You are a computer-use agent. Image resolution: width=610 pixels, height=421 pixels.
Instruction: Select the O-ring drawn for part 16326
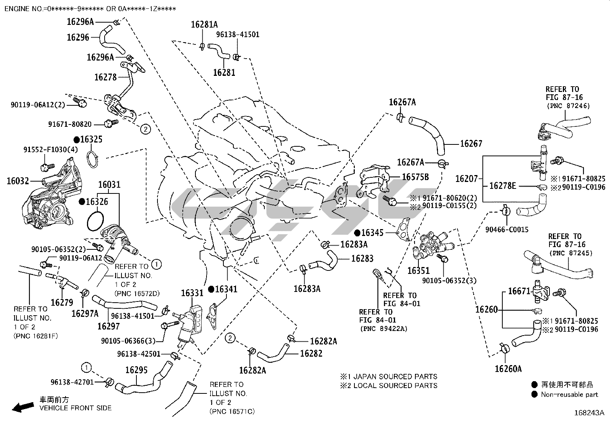[94, 222]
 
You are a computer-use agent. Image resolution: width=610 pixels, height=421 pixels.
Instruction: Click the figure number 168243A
[589, 413]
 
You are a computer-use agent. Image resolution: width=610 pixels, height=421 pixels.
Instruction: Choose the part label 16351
[418, 271]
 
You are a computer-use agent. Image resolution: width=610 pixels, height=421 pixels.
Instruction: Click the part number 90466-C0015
[507, 229]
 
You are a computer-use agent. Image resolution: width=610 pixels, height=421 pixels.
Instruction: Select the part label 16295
[136, 370]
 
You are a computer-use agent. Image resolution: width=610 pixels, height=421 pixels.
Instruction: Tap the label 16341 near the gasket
[226, 289]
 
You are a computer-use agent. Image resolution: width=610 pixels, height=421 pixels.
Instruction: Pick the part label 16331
[192, 293]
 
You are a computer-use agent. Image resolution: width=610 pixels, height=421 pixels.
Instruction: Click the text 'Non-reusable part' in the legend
[569, 394]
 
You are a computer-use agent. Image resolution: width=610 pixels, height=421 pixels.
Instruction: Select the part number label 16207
[466, 178]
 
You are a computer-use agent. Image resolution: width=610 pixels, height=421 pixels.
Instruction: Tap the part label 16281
[224, 72]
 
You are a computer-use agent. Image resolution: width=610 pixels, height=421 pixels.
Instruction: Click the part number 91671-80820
[70, 124]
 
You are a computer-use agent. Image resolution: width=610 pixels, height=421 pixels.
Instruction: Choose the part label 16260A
[508, 369]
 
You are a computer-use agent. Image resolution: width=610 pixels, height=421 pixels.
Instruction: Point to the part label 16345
[372, 233]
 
